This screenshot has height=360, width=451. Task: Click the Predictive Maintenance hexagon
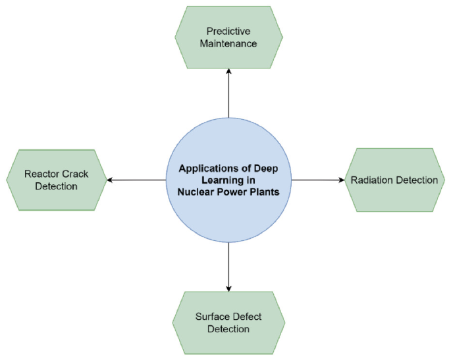(x=228, y=37)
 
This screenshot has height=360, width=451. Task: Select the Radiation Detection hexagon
(x=394, y=180)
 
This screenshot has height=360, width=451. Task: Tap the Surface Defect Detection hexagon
(x=228, y=322)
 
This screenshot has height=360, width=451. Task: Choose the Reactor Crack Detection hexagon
(x=56, y=180)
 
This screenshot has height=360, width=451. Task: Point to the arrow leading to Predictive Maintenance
(x=228, y=92)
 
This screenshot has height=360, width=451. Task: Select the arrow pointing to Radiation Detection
(x=318, y=180)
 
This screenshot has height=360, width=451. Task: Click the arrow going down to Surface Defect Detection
(x=228, y=267)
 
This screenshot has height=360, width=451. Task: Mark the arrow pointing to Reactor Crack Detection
(x=136, y=180)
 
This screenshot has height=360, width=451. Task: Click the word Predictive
(x=228, y=31)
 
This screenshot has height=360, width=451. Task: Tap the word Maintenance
(x=228, y=43)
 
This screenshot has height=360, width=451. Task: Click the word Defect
(x=248, y=317)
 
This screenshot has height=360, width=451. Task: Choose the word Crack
(x=75, y=174)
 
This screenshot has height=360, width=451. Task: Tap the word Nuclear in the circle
(x=198, y=192)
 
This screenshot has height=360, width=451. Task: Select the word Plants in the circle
(x=264, y=192)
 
